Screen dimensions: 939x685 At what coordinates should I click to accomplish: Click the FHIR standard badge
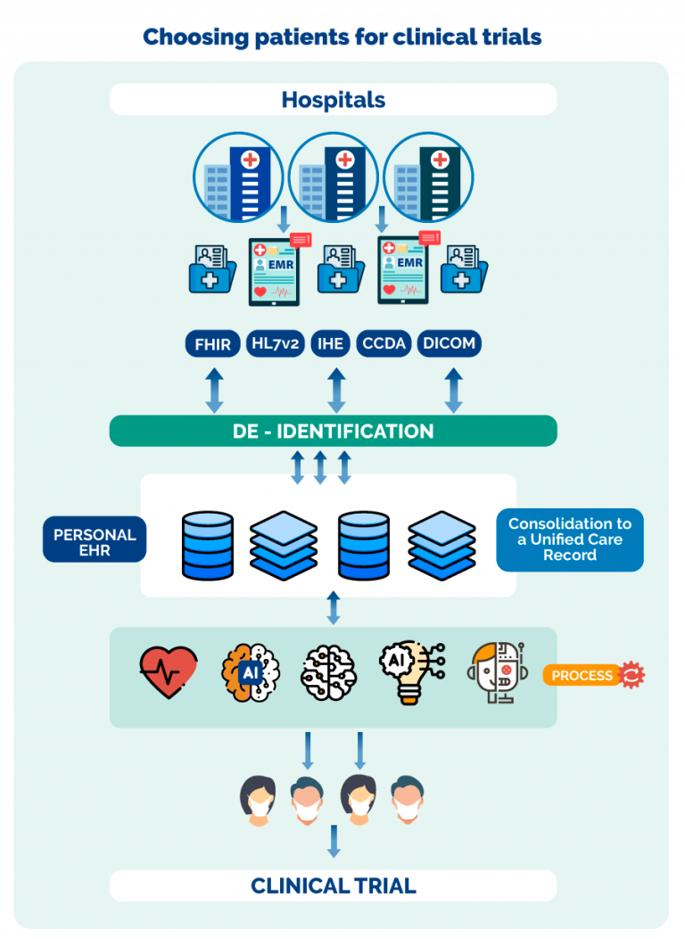coord(212,344)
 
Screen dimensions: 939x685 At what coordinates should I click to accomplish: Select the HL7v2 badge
coord(275,344)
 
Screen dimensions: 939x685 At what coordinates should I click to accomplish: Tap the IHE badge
coord(330,344)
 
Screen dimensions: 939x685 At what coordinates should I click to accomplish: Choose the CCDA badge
coord(384,344)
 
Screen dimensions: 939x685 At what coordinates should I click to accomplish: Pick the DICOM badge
coord(450,344)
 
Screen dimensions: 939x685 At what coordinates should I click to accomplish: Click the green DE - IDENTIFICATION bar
coord(333,432)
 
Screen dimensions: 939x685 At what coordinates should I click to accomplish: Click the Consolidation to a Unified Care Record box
coord(569,540)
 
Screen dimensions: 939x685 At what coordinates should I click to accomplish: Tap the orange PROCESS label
coord(582,676)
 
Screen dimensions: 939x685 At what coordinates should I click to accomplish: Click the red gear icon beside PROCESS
coord(632,676)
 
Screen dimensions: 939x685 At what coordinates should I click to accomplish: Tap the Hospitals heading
coord(333,99)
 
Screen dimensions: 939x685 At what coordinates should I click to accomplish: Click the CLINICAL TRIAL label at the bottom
coord(333,885)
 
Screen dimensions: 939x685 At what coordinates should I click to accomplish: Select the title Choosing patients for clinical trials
coord(342,37)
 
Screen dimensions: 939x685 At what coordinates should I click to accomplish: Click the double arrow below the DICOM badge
coord(454,391)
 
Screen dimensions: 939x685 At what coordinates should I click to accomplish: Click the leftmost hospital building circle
coord(238,177)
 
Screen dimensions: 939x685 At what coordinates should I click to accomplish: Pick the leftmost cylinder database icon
coord(207,544)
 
